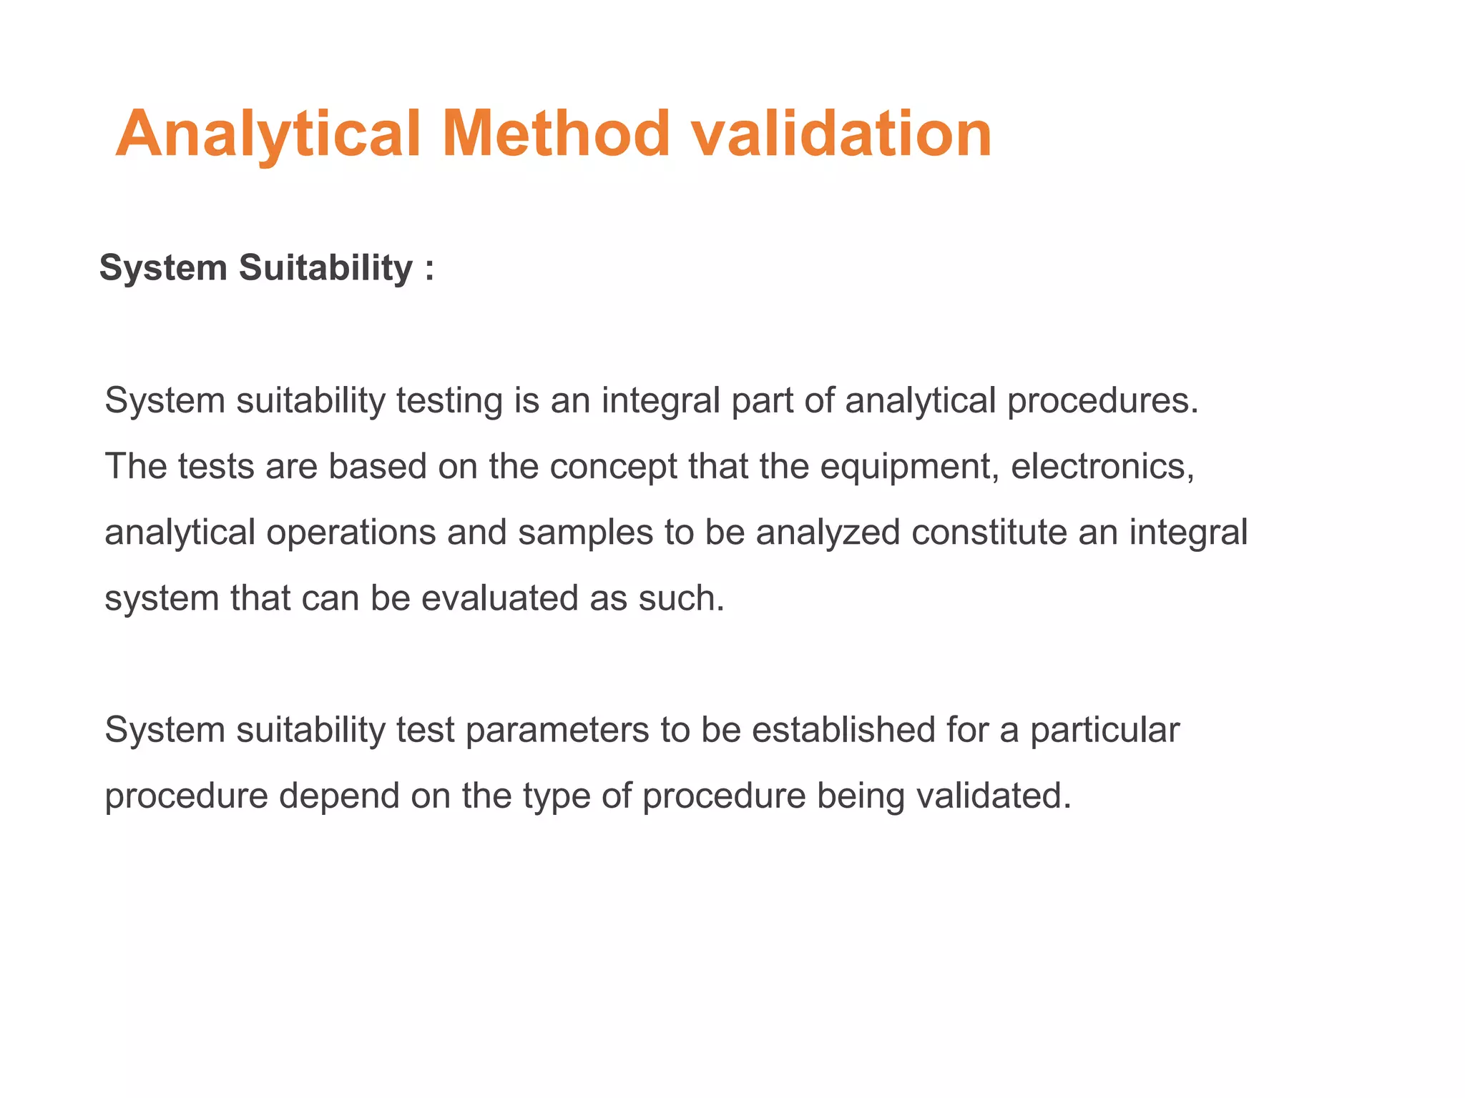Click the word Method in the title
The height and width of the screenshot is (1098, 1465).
point(556,134)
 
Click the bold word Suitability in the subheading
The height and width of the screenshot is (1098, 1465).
point(325,269)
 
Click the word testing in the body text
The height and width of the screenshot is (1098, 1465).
point(449,401)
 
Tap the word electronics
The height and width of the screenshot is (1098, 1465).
point(1102,467)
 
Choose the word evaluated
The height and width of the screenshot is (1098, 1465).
point(499,598)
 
